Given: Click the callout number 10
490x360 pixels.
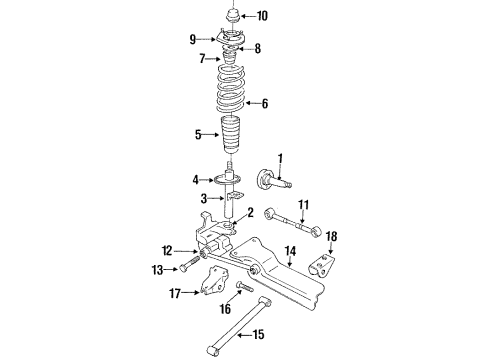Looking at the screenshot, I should (262, 15).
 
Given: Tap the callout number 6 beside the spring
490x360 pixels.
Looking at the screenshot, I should (264, 102).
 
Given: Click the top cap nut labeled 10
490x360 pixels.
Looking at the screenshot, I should (231, 16).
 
